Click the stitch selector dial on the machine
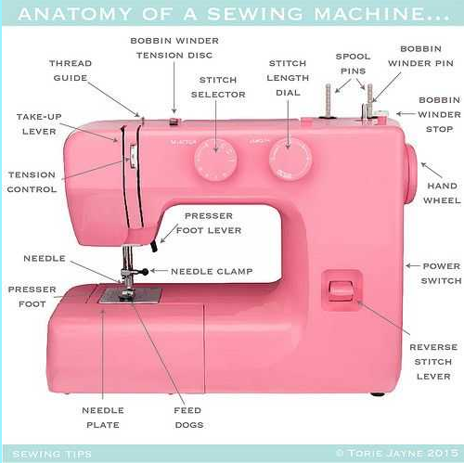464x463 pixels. (216, 160)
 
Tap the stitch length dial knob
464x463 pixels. (290, 160)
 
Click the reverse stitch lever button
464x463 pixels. (341, 290)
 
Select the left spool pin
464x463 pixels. (329, 101)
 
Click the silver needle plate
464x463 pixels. (130, 296)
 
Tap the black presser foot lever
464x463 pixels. (154, 247)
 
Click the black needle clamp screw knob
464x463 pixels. (144, 272)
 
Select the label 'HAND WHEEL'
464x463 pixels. (442, 193)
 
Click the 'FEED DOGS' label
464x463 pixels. (188, 418)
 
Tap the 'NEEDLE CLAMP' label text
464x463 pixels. (212, 271)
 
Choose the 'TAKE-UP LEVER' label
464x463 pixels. (39, 124)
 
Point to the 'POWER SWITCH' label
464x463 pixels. (441, 274)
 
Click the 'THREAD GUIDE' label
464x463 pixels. (71, 71)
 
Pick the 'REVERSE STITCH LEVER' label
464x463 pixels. (433, 362)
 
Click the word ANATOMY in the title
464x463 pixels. (75, 14)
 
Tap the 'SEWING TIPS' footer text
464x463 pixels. (52, 454)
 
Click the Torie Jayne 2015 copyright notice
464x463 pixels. (397, 453)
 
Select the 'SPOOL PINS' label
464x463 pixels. (353, 64)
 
